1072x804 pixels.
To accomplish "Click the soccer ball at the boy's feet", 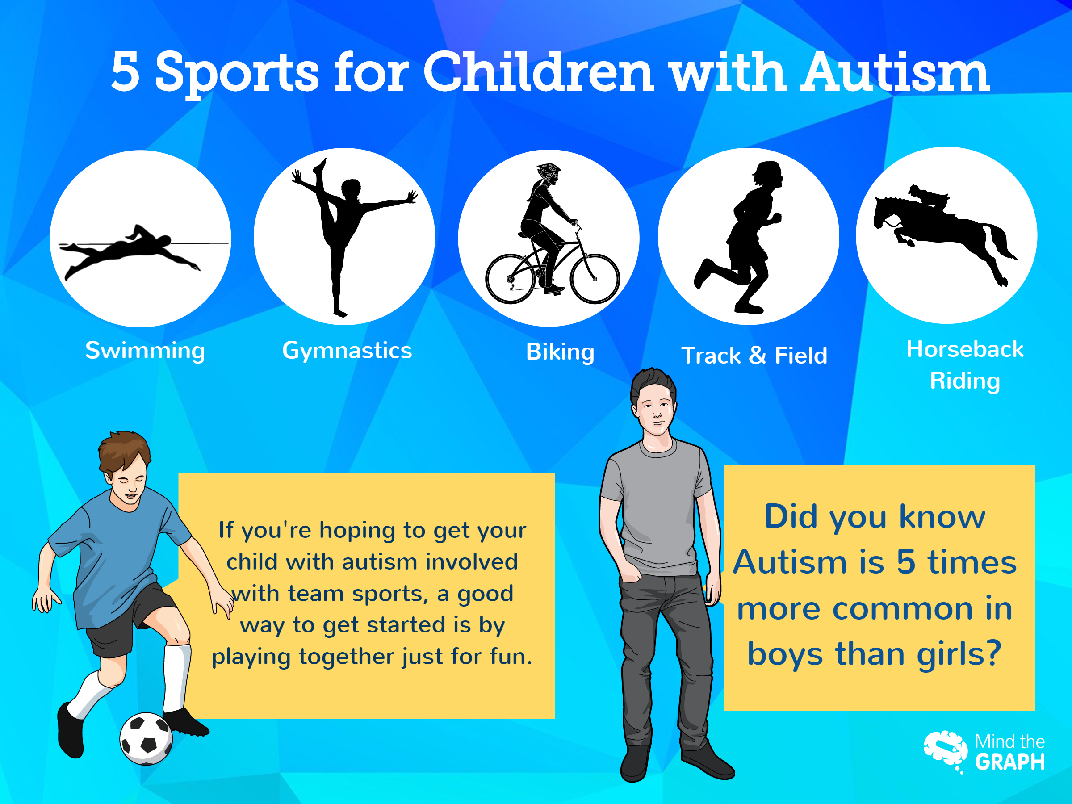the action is [x=146, y=739].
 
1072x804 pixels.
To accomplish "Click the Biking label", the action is [x=560, y=352].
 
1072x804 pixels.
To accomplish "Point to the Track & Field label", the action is [x=754, y=355].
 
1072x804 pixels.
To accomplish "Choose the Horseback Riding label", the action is [x=964, y=365].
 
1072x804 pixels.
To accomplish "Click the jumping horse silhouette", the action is [x=945, y=233].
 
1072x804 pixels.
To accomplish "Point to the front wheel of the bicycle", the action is [x=595, y=278].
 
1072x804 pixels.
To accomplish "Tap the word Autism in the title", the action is [x=895, y=73].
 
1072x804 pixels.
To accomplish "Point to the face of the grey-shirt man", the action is [x=656, y=411].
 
